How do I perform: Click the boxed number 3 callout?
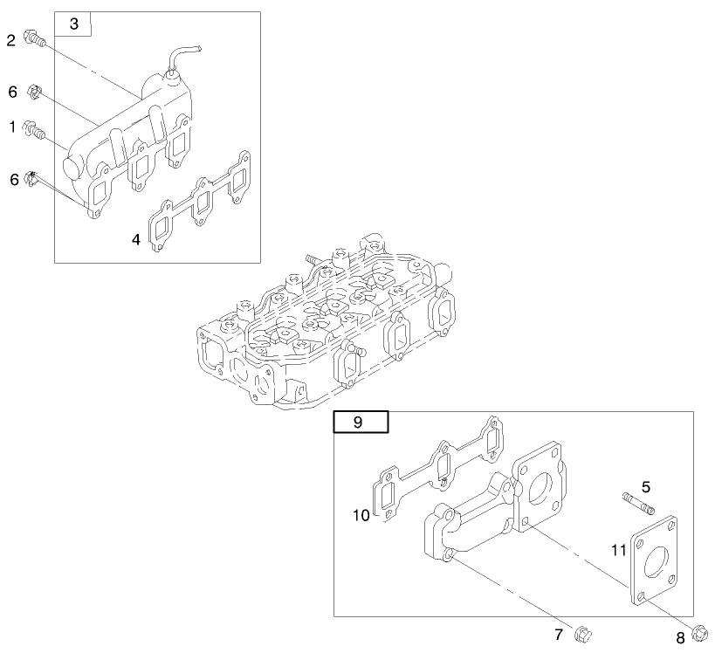click(73, 24)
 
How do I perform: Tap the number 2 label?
click(11, 40)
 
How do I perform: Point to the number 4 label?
click(136, 238)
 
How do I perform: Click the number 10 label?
click(361, 516)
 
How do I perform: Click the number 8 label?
click(679, 639)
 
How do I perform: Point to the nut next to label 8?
click(701, 631)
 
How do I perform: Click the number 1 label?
click(12, 127)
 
